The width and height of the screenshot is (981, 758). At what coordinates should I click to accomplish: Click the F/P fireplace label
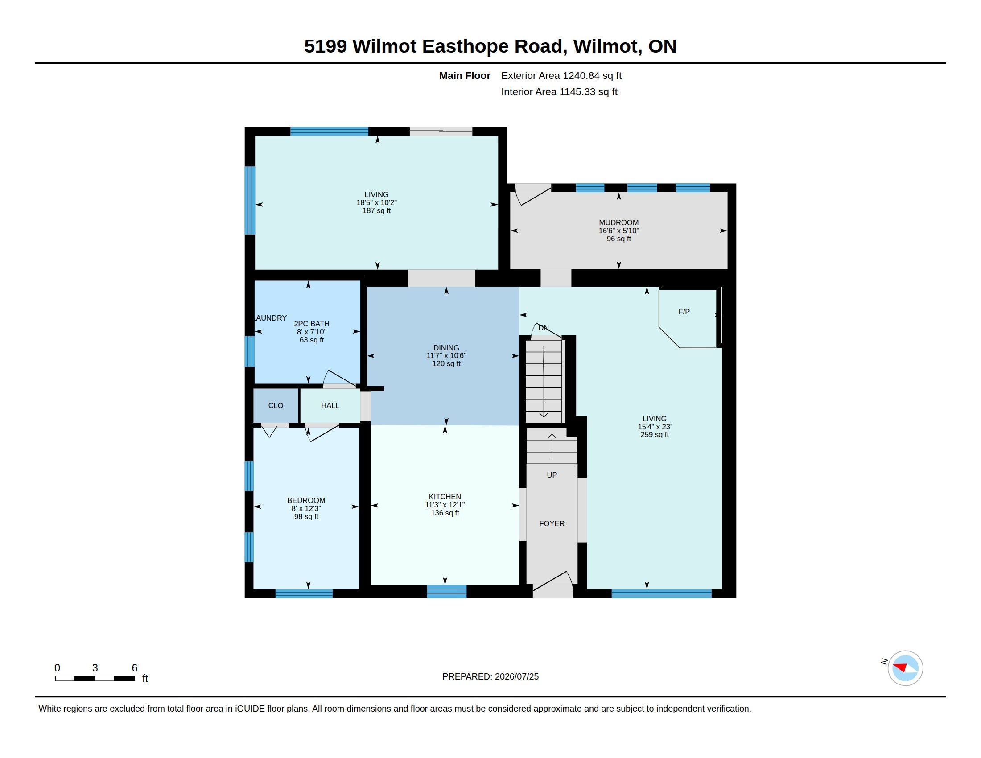(684, 312)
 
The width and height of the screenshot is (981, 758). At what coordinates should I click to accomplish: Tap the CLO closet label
(276, 405)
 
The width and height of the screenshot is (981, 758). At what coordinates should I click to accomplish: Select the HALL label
(330, 405)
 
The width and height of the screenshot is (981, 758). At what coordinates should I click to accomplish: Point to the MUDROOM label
(618, 223)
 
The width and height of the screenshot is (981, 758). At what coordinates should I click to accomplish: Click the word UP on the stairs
(552, 475)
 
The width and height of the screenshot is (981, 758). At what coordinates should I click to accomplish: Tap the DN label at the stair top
(544, 328)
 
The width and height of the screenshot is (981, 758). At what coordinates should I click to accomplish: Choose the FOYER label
(552, 523)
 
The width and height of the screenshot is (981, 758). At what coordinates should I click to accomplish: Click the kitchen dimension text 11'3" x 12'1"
(445, 505)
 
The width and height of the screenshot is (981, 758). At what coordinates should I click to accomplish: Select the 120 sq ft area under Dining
(446, 364)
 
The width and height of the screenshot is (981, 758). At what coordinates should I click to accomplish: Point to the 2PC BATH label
(311, 324)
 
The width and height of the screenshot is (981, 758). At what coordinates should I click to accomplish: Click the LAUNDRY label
(270, 318)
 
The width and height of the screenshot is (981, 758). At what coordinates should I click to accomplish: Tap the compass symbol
(905, 668)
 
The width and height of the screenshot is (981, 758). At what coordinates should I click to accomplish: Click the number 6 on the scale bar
(134, 668)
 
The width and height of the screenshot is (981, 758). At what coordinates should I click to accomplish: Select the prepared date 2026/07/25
(516, 676)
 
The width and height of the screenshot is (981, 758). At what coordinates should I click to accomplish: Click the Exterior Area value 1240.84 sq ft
(592, 76)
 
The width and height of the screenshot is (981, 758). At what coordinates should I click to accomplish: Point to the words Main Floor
(465, 76)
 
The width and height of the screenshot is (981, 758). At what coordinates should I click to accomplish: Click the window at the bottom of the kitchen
(446, 592)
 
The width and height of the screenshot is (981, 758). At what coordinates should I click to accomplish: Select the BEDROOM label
(306, 500)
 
